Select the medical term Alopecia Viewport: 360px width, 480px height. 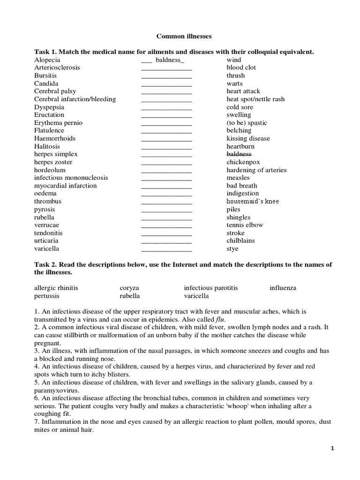[x=47, y=60]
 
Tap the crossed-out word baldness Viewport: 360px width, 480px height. [x=239, y=154]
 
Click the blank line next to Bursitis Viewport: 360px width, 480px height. [x=166, y=76]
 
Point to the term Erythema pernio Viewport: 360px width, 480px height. [x=58, y=123]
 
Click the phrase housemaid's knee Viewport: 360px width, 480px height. [x=253, y=201]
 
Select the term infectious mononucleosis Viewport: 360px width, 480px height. [x=71, y=178]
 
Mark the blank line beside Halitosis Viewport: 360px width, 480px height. [x=166, y=147]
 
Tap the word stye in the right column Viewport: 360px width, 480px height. [x=232, y=248]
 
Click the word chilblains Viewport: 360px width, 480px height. [x=241, y=240]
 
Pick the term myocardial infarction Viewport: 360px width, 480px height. [x=65, y=186]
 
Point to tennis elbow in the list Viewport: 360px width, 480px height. [x=245, y=225]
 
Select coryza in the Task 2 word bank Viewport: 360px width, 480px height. [x=129, y=288]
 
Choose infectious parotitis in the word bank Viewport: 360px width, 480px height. [x=211, y=288]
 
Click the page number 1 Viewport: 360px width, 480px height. [x=331, y=449]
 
